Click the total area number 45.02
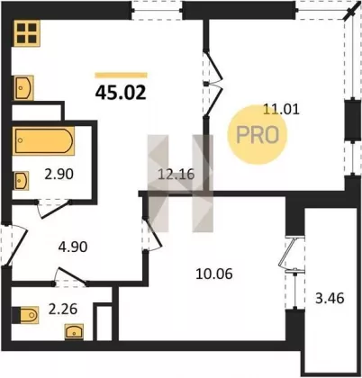coord(121,92)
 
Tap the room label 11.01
coord(281,109)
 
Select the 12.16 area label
coord(176,174)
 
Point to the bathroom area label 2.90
coord(59,174)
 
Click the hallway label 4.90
coord(73,247)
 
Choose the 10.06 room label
coord(214,274)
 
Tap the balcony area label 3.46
coord(330,299)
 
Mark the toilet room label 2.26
coord(63,309)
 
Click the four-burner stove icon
coord(27,33)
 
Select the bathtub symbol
coord(43,140)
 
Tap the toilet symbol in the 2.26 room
coord(25,315)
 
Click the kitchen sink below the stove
coord(23,87)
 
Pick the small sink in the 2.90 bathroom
coord(22,180)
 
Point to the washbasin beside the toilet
coord(74,331)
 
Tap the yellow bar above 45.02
coord(121,75)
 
